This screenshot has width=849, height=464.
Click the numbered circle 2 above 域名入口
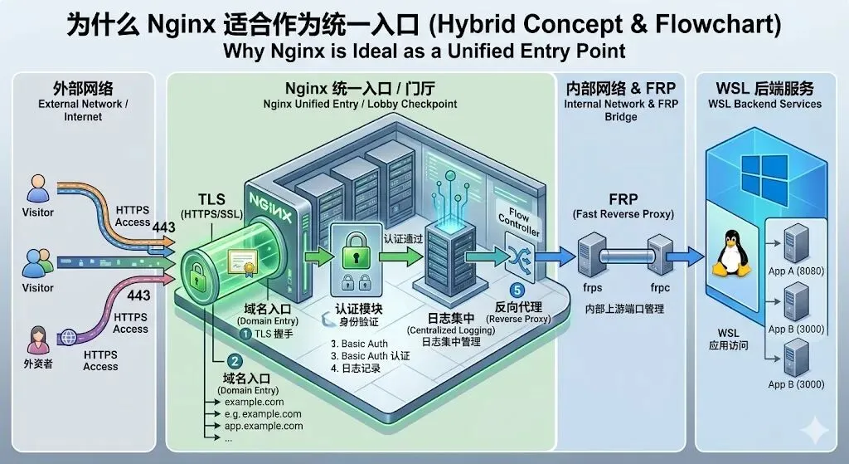tap(235, 361)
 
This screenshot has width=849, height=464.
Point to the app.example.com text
tap(264, 426)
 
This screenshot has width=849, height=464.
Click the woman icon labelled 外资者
tap(37, 341)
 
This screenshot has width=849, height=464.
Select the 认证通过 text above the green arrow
tap(404, 238)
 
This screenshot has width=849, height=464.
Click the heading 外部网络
tap(83, 88)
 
